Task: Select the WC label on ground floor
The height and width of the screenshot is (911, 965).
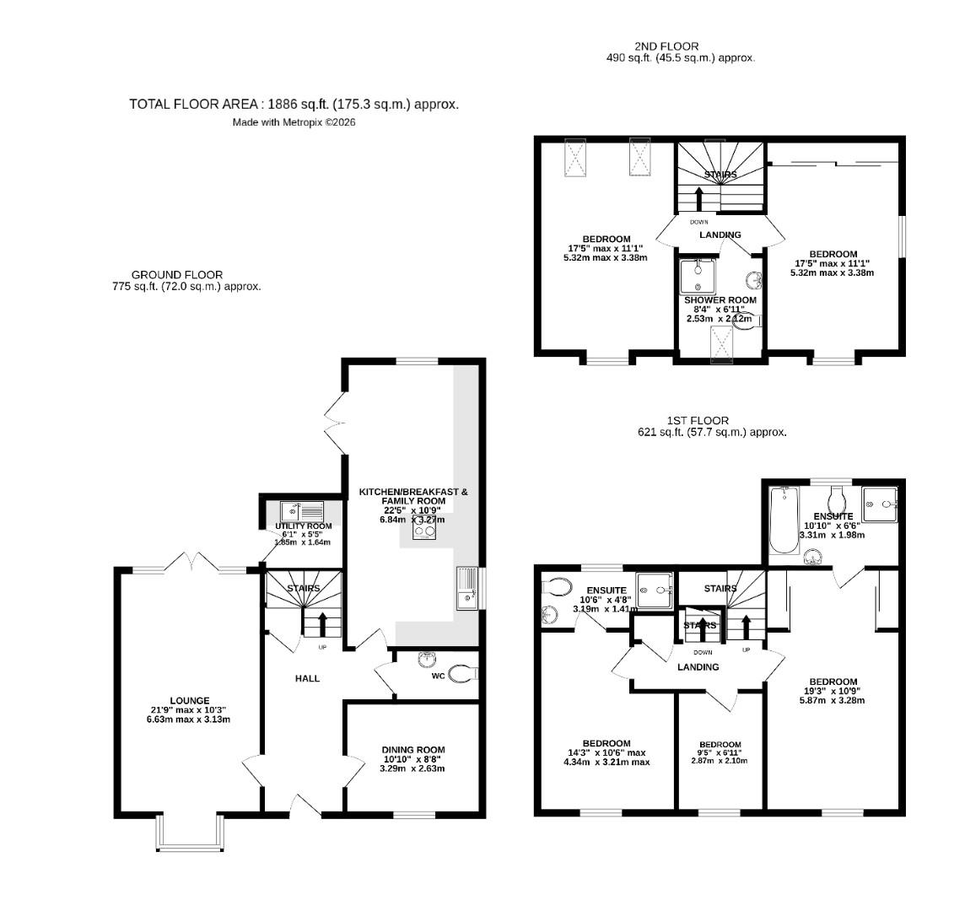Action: point(438,676)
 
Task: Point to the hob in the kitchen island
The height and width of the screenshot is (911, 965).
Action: point(424,530)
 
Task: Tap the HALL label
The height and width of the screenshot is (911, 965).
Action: point(307,678)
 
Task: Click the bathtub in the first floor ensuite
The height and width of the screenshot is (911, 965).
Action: point(785,520)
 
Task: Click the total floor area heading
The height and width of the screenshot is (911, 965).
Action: point(294,104)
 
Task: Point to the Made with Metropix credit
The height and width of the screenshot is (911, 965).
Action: point(294,123)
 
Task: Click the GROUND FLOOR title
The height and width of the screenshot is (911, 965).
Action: point(177,275)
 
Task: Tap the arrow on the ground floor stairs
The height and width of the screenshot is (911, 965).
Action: point(322,625)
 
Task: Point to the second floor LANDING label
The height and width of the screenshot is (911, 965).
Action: point(720,234)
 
